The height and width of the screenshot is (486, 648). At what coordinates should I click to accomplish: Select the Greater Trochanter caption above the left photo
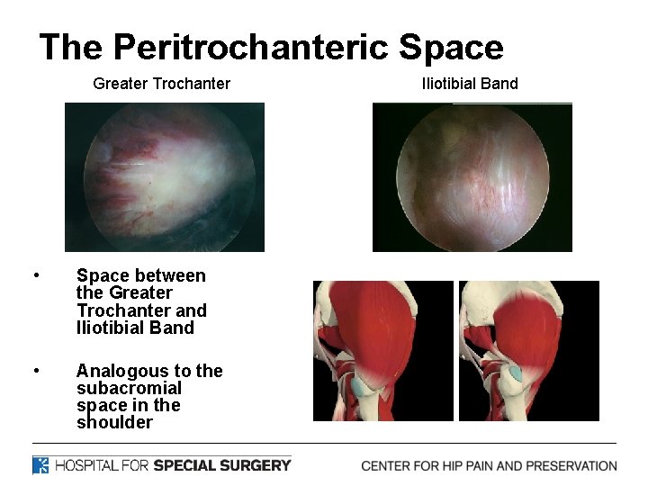(x=162, y=84)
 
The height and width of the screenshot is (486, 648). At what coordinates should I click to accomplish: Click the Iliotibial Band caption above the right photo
(x=470, y=84)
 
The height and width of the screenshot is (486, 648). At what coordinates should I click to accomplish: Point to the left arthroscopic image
(x=165, y=176)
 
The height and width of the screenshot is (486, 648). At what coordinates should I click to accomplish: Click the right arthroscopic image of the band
(x=472, y=176)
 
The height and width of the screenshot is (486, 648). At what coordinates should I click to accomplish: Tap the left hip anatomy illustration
(x=382, y=350)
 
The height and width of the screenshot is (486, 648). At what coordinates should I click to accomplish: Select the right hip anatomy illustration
(x=528, y=350)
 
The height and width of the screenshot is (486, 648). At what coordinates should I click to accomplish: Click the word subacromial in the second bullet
(x=129, y=388)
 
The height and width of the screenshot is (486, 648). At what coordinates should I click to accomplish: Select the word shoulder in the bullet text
(x=114, y=422)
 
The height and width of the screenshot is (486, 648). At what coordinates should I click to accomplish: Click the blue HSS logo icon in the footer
(x=41, y=465)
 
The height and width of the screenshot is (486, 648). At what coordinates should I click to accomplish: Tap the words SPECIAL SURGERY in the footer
(x=222, y=465)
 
